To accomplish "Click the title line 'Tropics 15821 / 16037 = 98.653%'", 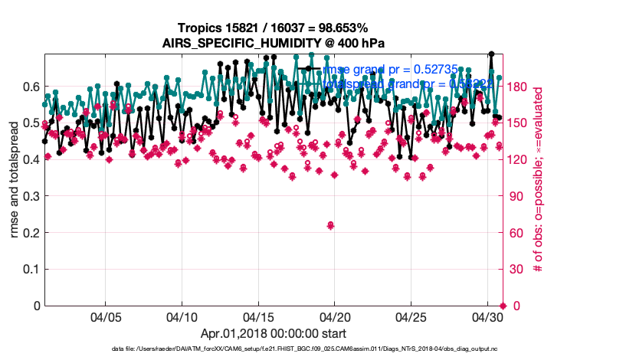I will click(x=274, y=28).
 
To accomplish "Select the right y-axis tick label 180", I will click(x=521, y=86).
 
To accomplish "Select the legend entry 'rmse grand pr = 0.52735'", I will click(x=390, y=69).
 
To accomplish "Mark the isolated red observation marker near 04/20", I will click(x=330, y=224).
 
